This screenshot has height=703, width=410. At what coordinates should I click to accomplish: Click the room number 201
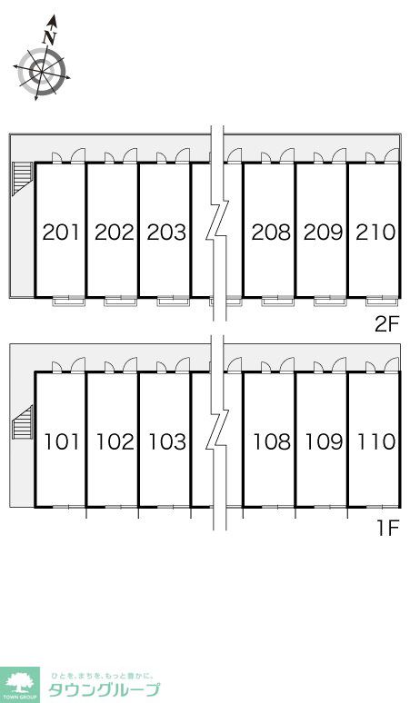point(61,233)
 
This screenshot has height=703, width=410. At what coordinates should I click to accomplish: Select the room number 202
point(115,233)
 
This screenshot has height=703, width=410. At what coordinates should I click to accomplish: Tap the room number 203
point(166,233)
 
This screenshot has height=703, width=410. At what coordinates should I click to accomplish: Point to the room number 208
point(271,233)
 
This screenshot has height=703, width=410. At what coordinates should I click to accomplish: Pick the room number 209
point(323,233)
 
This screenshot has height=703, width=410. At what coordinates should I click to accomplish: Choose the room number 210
point(375,233)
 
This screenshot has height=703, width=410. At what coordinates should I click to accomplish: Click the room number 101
point(62,442)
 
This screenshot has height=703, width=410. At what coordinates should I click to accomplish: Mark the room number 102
point(115,442)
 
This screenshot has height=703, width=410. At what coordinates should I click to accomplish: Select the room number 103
point(167,442)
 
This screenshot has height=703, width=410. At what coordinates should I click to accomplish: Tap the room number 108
point(272,442)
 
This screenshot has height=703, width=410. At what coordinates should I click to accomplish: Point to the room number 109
point(324,442)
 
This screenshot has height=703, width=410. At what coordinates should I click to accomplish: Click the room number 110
point(376,442)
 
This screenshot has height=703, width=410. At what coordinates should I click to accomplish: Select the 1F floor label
point(388,529)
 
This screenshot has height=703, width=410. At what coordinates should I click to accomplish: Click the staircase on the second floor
point(23,178)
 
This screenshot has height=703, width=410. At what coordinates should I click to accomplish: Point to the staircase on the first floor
point(23,422)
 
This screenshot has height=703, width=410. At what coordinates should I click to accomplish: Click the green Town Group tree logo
point(20,685)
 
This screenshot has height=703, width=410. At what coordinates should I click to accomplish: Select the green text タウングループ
point(104,690)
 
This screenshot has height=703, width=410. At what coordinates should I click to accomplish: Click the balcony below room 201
point(68,302)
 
